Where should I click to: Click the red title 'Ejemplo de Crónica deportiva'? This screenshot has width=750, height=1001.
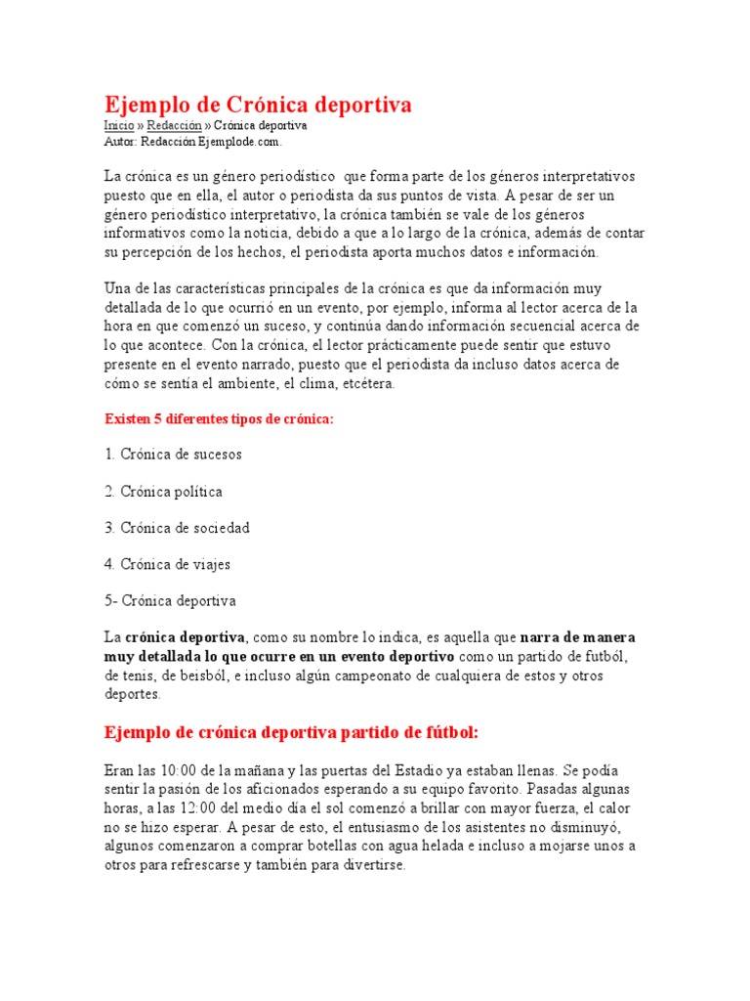258,105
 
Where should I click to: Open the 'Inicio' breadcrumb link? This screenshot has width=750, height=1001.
118,126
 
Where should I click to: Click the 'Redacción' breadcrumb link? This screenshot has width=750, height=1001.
174,126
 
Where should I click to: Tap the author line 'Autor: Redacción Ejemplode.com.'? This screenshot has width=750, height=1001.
192,142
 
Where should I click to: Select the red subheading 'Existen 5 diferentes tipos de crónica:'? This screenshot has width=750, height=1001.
219,418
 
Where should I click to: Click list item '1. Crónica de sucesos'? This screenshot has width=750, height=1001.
173,455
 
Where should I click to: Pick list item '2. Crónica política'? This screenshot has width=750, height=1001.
163,492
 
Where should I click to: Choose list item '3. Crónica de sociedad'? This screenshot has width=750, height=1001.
177,528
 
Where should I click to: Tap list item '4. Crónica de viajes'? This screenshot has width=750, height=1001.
167,564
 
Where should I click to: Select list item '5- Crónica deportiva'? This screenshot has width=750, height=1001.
170,601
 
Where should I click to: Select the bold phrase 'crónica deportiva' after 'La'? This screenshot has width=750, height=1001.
185,637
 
